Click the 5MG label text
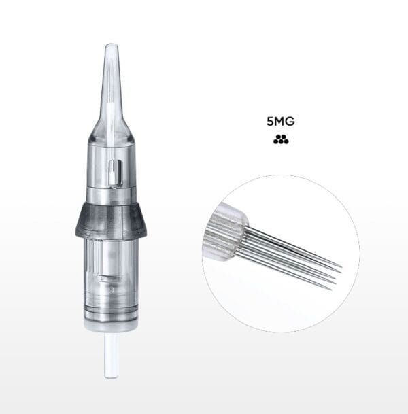280,122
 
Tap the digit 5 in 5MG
270,122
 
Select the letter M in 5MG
279,122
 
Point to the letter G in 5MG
290,122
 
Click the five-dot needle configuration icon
281,139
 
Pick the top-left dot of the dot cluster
278,137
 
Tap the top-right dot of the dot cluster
284,137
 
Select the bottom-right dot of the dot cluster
286,141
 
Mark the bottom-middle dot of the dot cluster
281,141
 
